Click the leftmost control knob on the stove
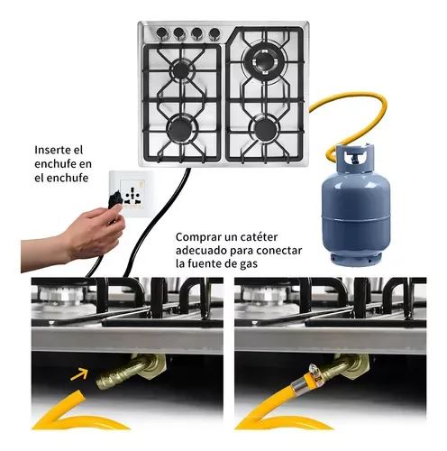point(162,32)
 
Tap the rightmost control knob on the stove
point(214,33)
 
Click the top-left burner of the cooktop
point(181,70)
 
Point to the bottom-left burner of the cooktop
point(180,130)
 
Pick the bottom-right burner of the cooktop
point(265,129)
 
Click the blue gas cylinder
point(355,207)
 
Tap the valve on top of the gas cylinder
point(355,158)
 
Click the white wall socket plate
point(132,194)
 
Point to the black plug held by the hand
point(114,201)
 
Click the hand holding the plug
point(74,237)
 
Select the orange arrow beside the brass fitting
point(79,374)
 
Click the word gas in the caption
point(247,264)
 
